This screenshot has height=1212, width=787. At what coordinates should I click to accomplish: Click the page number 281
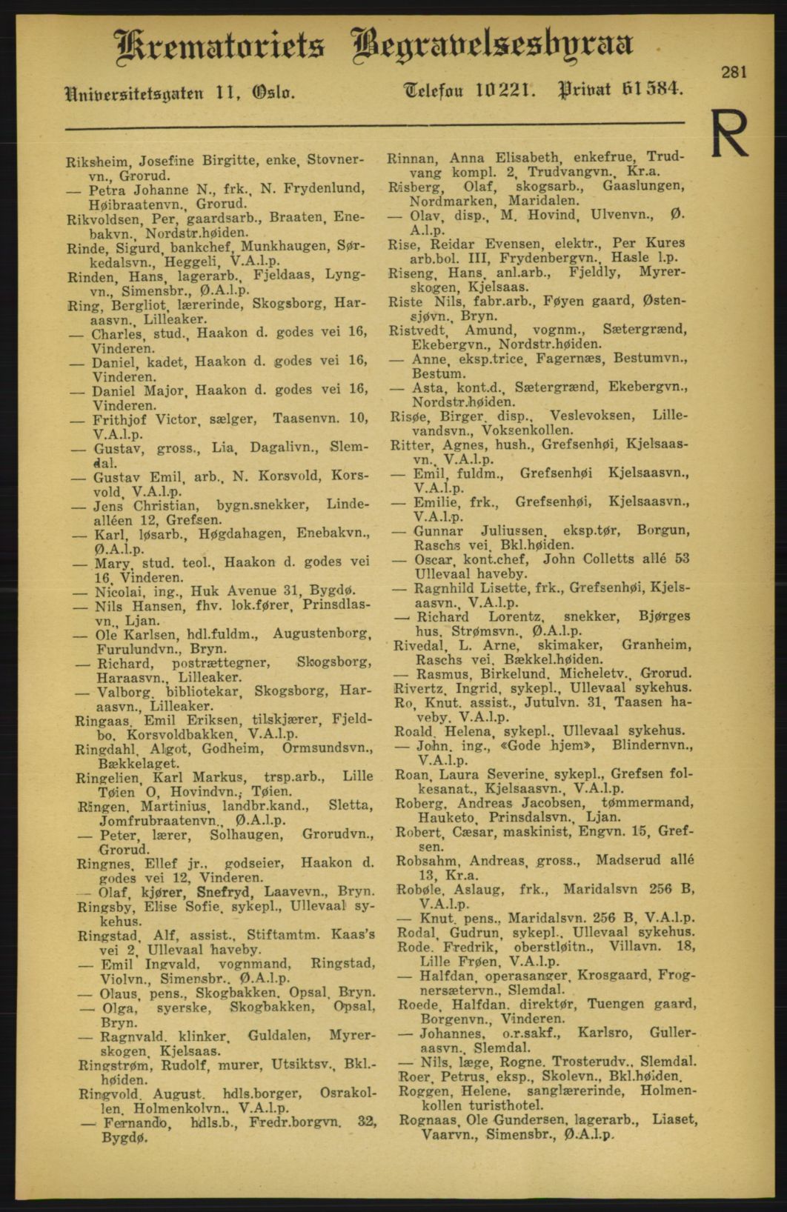coord(733,72)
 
